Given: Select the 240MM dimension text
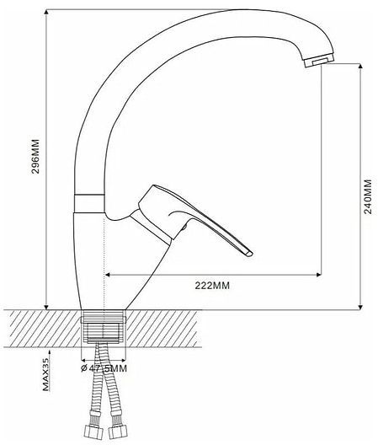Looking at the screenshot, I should tap(368, 196).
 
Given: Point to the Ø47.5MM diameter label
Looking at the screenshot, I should tap(104, 367).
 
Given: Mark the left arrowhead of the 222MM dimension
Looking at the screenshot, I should tap(107, 274).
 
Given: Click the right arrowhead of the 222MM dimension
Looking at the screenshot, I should tap(319, 274).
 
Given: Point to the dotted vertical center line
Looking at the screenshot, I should tap(104, 253).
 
